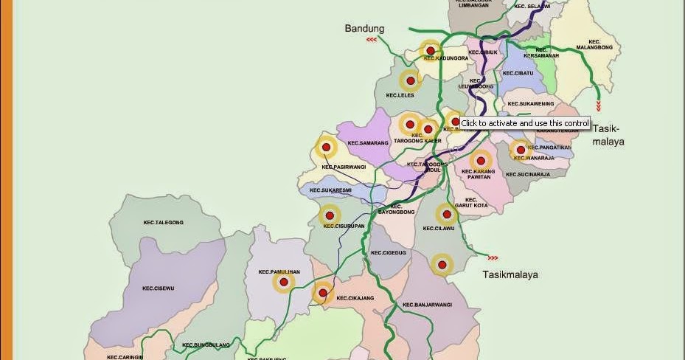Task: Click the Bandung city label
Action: point(364,29)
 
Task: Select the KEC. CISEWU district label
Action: point(158,288)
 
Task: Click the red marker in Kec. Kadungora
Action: point(430,52)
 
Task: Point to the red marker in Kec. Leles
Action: point(409,80)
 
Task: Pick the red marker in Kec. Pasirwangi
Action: point(326,148)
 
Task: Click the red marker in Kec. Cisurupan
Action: point(329,215)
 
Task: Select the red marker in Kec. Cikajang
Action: point(322,293)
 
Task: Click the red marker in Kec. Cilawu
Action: point(446,215)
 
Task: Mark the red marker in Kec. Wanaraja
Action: point(520,150)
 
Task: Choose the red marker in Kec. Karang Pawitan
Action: point(480,160)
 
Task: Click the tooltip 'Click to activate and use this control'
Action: point(525,123)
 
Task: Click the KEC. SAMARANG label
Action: point(368,142)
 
